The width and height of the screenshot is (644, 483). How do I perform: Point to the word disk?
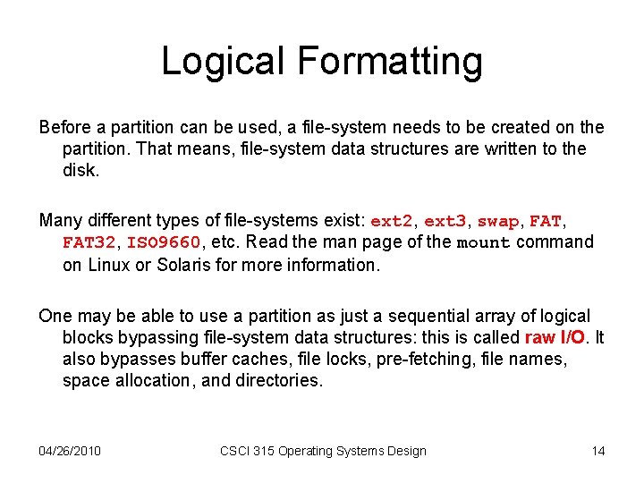(x=80, y=170)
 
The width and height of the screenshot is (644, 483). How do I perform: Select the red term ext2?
(x=391, y=220)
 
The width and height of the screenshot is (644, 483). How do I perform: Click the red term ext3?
(x=445, y=220)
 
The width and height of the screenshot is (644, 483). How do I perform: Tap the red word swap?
(x=498, y=220)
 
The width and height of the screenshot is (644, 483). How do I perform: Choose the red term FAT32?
(x=89, y=242)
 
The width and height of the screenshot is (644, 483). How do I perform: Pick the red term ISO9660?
(x=165, y=242)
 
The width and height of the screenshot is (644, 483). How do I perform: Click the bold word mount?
(x=483, y=242)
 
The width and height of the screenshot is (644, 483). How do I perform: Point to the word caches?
(x=219, y=359)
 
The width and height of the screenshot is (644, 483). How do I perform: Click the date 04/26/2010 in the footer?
(x=70, y=451)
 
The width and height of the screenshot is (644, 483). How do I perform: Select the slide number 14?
(x=598, y=451)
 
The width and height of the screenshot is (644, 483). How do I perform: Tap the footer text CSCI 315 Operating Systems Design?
(x=323, y=451)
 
